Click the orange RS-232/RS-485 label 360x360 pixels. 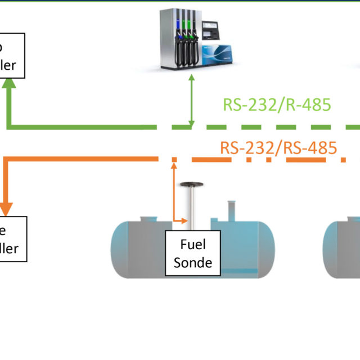pos(278,148)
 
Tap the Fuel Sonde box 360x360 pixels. pos(192,253)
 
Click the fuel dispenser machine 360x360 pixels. pos(193,39)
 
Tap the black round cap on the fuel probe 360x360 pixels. pos(192,184)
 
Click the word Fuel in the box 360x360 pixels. pos(192,245)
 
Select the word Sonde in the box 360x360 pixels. pos(192,262)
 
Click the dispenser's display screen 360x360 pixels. pos(210,28)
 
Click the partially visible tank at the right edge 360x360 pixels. pos(343,247)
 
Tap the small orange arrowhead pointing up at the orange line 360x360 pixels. pos(174,164)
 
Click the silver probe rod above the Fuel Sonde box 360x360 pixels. pos(192,208)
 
